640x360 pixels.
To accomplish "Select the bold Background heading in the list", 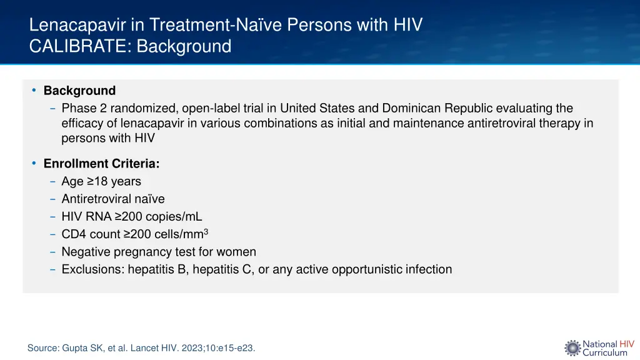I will pos(79,91).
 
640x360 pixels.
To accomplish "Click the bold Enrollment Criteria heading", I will pos(101,164).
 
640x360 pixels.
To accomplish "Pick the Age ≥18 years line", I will pos(101,181).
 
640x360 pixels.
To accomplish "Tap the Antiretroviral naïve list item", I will pos(113,199).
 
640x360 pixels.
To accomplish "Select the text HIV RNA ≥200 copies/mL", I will pos(132,217).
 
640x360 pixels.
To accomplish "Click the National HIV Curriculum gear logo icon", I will pos(572,348).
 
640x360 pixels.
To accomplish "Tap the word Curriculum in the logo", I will pos(604,352).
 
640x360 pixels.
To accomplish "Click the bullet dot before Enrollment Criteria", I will pos(34,164).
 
